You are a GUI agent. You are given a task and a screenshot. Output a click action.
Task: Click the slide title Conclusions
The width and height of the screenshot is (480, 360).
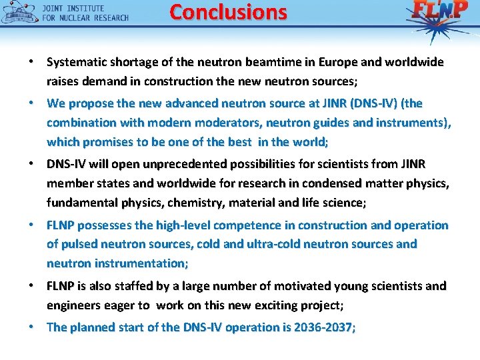tap(228, 12)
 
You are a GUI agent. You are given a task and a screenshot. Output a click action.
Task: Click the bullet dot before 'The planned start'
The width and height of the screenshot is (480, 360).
tap(31, 327)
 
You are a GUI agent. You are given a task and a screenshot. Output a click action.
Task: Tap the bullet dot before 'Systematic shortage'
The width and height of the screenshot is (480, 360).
tap(31, 62)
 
